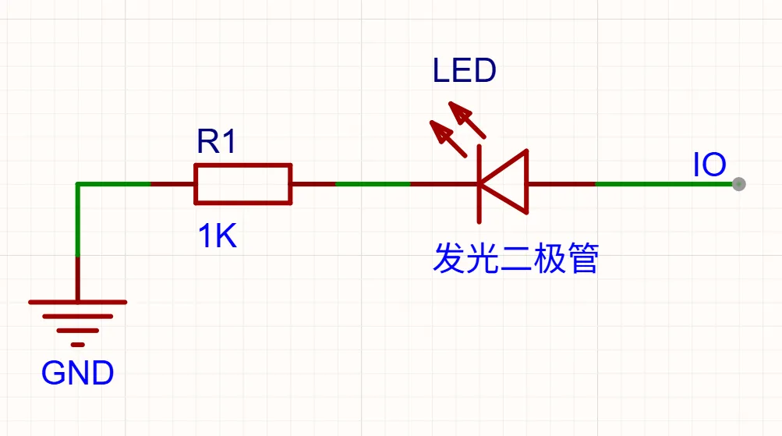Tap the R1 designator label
pos(217,141)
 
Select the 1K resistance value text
pos(217,236)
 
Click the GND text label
pos(77,373)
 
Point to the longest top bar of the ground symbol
pos(78,302)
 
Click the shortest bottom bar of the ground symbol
pos(78,345)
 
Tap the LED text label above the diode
pos(465,70)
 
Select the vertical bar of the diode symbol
pos(479,184)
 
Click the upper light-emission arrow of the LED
pos(467,120)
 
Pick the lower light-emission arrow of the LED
pos(448,139)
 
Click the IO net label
pos(709,165)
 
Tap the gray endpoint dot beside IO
pos(738,184)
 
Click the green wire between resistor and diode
pos(373,184)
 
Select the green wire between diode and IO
pos(663,184)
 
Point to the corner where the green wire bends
pos(78,184)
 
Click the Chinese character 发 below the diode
pos(449,257)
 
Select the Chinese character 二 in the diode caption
pos(516,258)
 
